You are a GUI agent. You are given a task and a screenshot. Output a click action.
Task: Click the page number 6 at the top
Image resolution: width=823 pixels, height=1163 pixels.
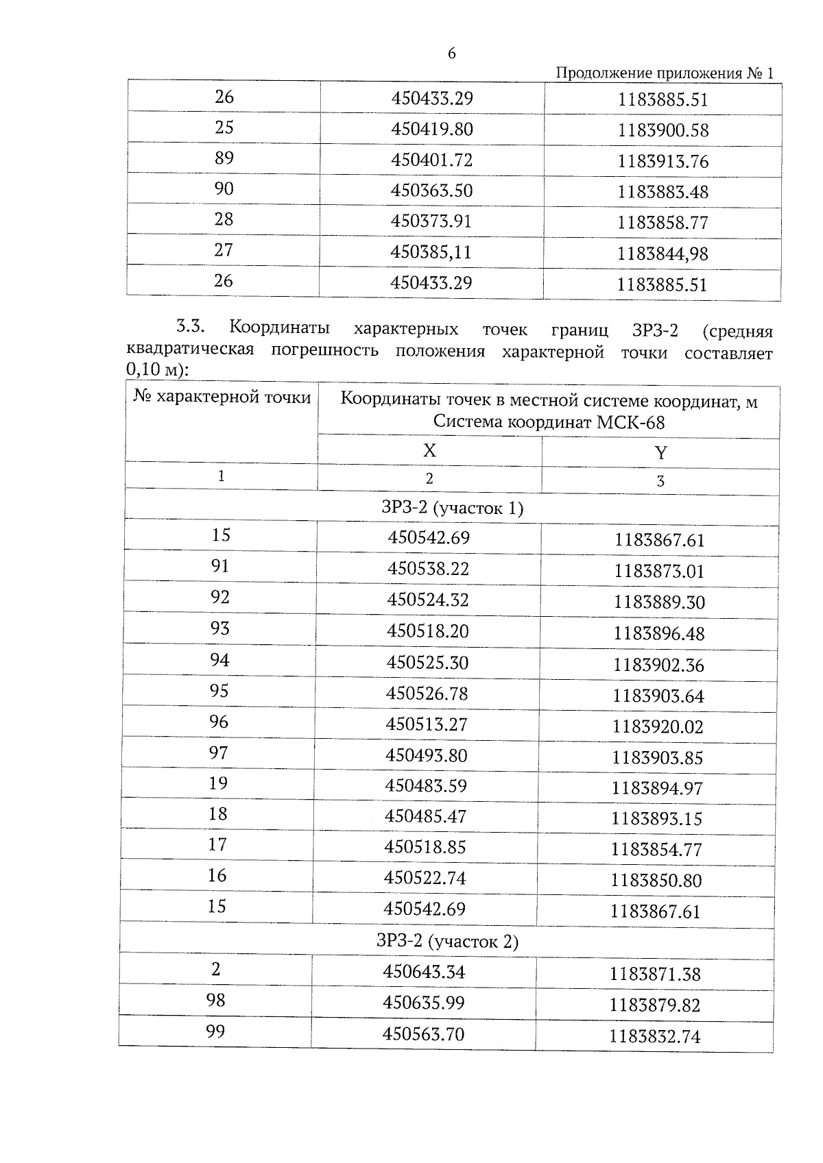451,54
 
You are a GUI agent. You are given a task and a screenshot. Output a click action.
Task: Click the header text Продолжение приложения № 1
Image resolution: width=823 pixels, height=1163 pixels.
663,73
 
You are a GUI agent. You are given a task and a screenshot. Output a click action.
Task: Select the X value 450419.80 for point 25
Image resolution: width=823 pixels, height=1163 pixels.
432,129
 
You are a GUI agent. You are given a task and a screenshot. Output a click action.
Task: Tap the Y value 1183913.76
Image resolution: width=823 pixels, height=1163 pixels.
663,162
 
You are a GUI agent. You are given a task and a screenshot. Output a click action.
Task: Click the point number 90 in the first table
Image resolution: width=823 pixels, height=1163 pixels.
224,188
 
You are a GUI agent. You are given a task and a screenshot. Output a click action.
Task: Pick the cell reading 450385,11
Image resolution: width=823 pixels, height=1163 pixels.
431,252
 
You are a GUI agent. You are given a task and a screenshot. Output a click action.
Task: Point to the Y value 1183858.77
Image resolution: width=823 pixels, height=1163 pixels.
663,223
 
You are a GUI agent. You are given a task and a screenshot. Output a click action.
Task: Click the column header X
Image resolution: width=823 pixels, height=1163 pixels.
429,450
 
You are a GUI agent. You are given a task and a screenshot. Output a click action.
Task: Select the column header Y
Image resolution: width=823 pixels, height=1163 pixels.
660,453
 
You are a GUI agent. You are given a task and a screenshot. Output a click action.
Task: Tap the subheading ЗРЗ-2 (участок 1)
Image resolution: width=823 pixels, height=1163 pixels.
452,508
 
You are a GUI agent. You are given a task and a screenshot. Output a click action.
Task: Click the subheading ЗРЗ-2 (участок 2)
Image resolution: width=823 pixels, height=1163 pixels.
447,941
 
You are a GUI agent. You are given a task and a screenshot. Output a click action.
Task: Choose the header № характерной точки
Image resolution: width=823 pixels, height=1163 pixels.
222,397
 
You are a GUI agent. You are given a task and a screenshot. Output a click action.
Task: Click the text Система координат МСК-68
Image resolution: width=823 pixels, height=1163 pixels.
549,422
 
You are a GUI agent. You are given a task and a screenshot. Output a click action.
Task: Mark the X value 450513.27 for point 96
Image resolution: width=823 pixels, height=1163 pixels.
427,724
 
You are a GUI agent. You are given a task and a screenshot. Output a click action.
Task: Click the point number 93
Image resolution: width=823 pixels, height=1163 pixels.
219,628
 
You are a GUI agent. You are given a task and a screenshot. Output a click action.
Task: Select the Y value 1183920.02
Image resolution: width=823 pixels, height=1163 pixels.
658,726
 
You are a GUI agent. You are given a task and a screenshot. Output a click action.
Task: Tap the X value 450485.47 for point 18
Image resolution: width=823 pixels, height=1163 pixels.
425,816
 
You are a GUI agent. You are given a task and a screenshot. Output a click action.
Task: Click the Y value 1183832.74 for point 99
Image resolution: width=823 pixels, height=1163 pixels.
654,1037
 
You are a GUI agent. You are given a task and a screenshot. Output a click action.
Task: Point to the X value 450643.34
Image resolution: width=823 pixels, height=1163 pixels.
424,972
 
